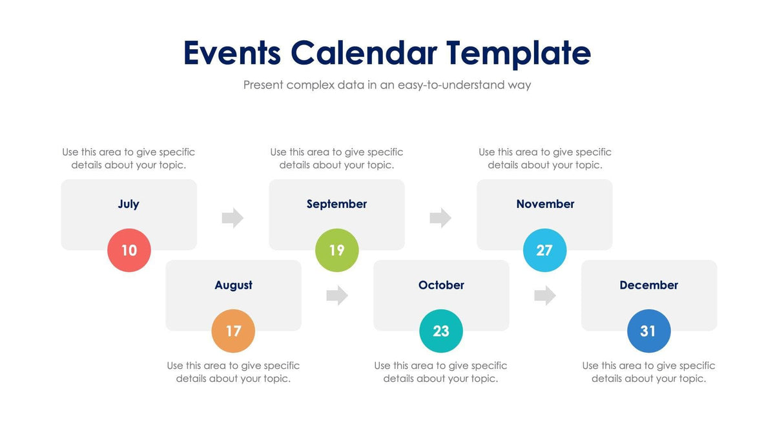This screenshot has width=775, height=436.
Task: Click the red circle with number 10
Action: click(129, 250)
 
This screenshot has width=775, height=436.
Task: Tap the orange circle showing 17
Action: click(233, 331)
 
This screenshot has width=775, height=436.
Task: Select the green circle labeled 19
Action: click(336, 250)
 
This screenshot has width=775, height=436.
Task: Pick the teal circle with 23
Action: click(441, 331)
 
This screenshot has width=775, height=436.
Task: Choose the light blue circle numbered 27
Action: click(544, 250)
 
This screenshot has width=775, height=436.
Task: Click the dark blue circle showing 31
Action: click(648, 331)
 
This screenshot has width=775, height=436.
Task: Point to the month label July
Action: click(129, 204)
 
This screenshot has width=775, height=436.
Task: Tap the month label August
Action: click(233, 285)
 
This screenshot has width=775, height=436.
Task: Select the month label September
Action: click(336, 204)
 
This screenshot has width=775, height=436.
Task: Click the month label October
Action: click(441, 285)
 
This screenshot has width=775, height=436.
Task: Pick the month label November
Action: click(545, 204)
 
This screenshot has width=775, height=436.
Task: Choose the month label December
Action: click(648, 285)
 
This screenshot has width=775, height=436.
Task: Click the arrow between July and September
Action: click(232, 218)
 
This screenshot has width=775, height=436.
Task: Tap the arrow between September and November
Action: click(440, 218)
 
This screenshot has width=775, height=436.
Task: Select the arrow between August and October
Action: click(337, 296)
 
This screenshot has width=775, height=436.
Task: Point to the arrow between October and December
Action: click(545, 296)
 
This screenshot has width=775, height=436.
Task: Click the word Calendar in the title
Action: click(363, 53)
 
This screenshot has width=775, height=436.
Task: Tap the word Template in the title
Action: click(519, 53)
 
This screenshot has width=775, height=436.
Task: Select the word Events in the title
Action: click(232, 53)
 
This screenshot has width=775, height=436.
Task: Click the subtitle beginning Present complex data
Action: click(387, 85)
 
